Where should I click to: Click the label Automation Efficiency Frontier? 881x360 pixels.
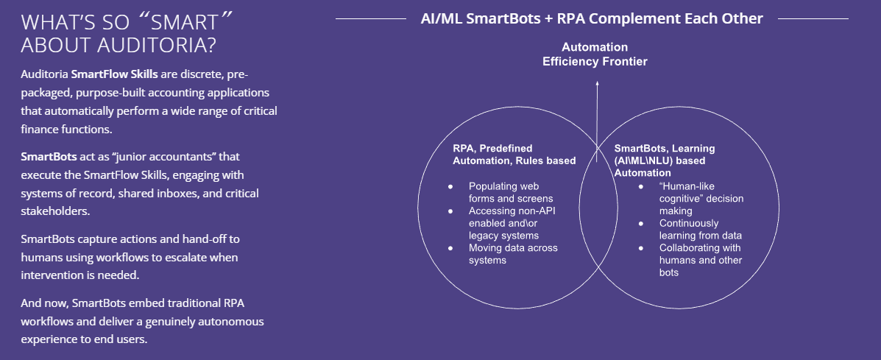tap(595, 54)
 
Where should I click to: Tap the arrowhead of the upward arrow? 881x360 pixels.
tap(597, 85)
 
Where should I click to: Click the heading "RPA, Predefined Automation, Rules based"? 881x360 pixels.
tap(514, 154)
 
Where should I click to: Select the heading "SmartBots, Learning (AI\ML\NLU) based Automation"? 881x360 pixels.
tap(665, 160)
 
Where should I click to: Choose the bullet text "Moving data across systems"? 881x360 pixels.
tap(512, 254)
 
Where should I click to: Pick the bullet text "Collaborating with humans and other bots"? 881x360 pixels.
tap(699, 260)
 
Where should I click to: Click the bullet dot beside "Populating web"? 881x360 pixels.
tap(450, 186)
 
